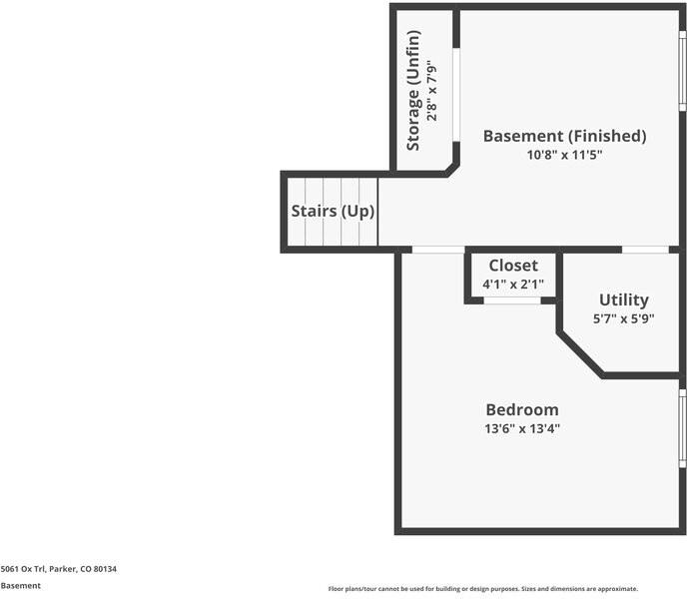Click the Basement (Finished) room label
(x=565, y=136)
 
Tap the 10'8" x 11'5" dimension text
(x=565, y=155)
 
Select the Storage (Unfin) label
(x=413, y=90)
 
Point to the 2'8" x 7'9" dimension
(x=432, y=90)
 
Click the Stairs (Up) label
(x=333, y=212)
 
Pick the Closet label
(x=513, y=266)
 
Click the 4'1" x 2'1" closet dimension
(x=513, y=284)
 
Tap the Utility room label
(x=624, y=300)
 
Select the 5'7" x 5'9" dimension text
(x=624, y=318)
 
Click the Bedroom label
(x=522, y=409)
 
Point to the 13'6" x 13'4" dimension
(x=522, y=428)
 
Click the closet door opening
(x=512, y=300)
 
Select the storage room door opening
(x=456, y=95)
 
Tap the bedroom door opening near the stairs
(x=438, y=250)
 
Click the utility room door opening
(x=645, y=250)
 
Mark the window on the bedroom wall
(x=683, y=428)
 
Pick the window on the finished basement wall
(x=683, y=71)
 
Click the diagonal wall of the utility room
(x=581, y=354)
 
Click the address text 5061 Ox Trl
(x=23, y=569)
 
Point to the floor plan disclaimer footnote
(x=483, y=589)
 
